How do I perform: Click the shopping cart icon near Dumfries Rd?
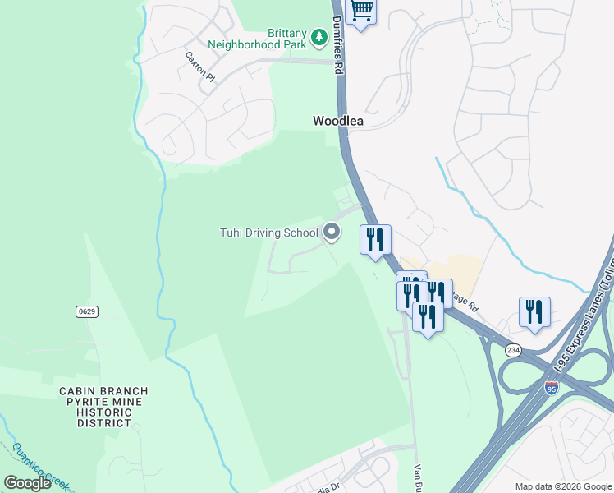361,12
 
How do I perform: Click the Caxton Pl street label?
199,67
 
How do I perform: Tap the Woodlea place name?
337,121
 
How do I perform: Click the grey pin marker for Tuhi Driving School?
332,233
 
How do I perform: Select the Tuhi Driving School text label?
268,233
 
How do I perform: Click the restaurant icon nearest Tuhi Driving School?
375,239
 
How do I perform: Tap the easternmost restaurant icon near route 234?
534,311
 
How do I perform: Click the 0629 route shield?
87,311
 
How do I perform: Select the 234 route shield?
513,350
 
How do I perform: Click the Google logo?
28,482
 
